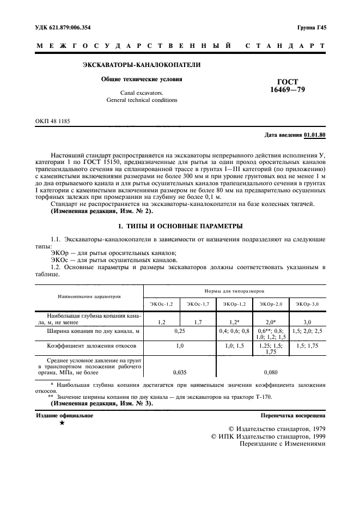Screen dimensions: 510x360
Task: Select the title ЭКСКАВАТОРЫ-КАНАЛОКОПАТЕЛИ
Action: [x=141, y=65]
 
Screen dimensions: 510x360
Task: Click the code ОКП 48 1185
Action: [x=52, y=121]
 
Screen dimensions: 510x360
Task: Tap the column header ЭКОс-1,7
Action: [x=198, y=303]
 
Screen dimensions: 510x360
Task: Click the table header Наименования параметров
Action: [x=89, y=297]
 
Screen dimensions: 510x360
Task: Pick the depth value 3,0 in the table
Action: [x=308, y=323]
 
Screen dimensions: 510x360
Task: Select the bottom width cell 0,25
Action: [x=180, y=331]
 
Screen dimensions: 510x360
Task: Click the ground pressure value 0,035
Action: [x=180, y=373]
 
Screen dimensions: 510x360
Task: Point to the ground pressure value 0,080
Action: [x=271, y=373]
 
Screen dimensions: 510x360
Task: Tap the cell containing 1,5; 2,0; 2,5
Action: [x=308, y=331]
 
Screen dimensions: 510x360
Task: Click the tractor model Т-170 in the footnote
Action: [x=262, y=397]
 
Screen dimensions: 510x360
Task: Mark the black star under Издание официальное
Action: [x=62, y=423]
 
